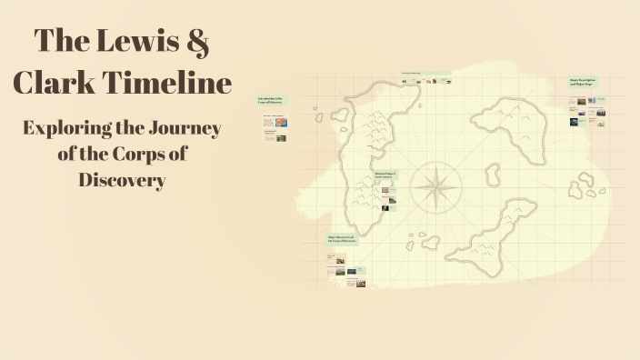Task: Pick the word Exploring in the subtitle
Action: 69,129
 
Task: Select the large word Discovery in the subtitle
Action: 122,179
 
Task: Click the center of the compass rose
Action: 435,188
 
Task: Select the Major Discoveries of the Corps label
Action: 342,240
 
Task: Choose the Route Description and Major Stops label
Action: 582,82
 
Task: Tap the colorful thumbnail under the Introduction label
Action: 281,122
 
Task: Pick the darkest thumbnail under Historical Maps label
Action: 385,207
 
